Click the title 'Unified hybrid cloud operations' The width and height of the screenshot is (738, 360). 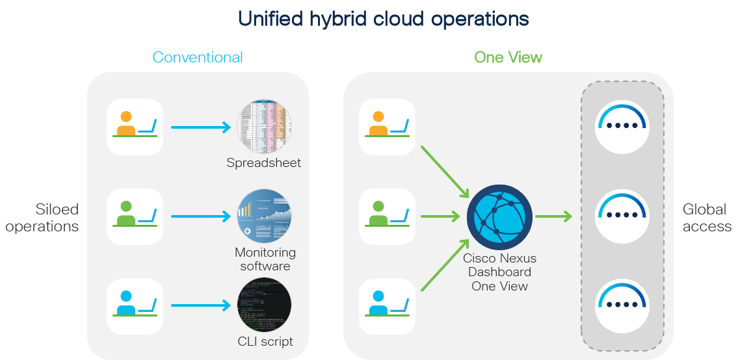[383, 19]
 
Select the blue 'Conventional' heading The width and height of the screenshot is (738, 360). [198, 57]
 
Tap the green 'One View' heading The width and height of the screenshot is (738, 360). [508, 57]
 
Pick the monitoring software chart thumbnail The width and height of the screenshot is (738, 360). [264, 216]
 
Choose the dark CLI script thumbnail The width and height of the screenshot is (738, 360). [264, 305]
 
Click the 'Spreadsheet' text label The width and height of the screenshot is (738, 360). [264, 163]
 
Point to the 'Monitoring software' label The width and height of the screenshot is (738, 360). [265, 259]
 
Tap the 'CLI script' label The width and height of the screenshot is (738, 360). [265, 341]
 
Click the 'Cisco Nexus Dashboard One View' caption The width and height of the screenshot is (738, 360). [499, 272]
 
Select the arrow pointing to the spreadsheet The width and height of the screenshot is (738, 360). [201, 127]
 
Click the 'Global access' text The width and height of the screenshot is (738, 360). [706, 218]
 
